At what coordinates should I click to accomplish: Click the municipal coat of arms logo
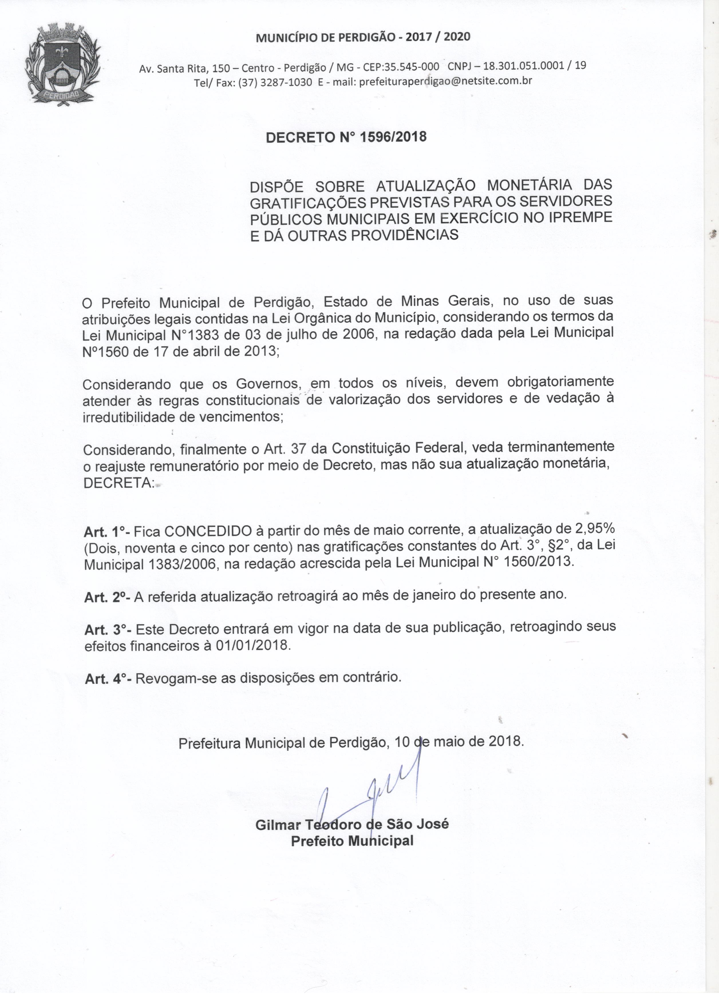(63, 66)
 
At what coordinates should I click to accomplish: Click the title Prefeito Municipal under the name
(352, 841)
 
